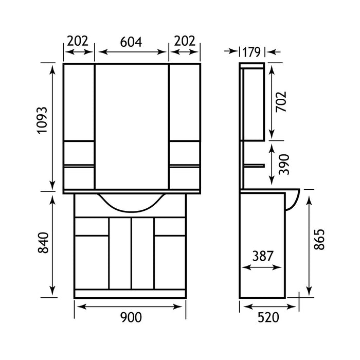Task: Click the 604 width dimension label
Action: click(x=131, y=42)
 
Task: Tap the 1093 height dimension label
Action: click(x=42, y=120)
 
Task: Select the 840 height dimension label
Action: click(x=43, y=243)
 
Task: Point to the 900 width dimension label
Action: click(x=131, y=317)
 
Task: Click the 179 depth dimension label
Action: click(x=251, y=52)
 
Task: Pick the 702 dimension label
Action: click(x=281, y=102)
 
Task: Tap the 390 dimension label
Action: click(x=284, y=165)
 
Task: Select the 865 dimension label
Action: click(x=319, y=240)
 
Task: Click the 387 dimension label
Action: click(x=263, y=256)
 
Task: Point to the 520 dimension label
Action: click(x=268, y=317)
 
